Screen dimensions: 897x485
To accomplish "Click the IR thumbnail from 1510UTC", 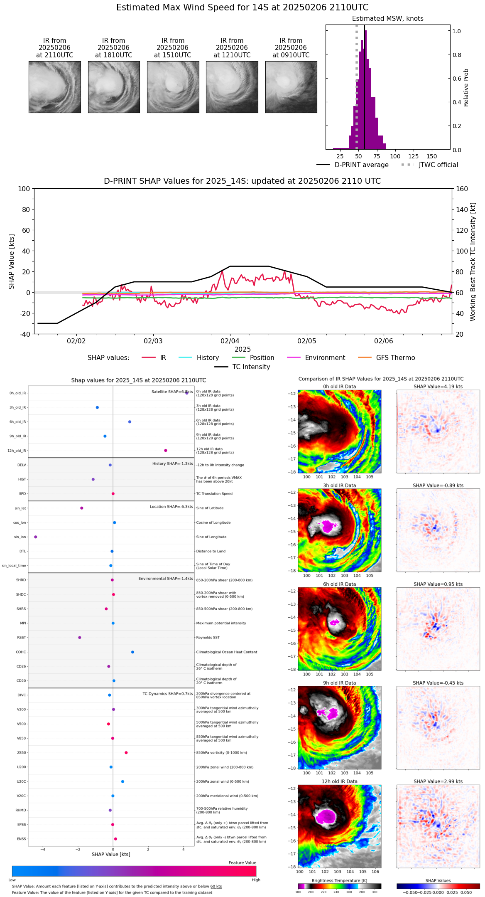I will tap(173, 87).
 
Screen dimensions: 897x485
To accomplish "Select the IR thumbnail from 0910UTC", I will tap(291, 87).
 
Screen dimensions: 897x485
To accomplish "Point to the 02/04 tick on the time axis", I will tap(230, 341).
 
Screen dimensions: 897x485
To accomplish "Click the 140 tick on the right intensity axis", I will tap(461, 209).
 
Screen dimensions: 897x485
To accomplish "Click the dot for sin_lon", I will tap(36, 537).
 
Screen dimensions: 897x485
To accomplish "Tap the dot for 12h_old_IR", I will tap(166, 450).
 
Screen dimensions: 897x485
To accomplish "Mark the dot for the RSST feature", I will tap(80, 637).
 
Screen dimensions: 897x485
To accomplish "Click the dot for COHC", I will tap(132, 652).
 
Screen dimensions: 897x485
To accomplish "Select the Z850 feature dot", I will tap(126, 752).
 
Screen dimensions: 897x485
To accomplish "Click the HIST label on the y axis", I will tap(22, 479).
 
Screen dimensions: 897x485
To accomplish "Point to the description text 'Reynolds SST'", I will tap(208, 637).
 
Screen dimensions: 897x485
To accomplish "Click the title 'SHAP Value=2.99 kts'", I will tap(438, 781).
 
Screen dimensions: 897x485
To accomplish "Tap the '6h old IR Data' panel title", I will tap(339, 584).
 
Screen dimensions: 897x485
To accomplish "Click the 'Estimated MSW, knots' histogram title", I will tap(387, 19).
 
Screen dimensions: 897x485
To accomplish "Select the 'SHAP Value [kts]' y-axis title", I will tap(12, 261).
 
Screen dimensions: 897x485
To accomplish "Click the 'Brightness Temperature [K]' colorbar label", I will tap(339, 880).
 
